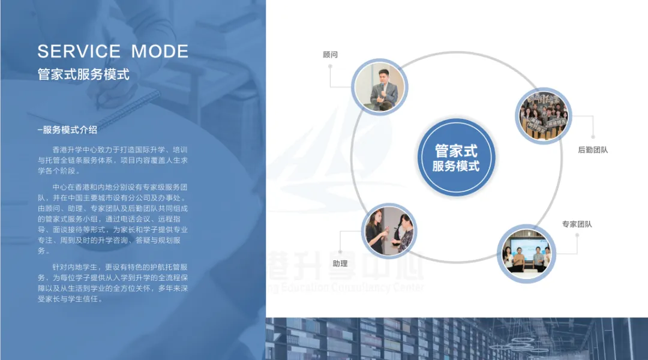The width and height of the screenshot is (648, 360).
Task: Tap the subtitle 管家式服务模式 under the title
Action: tap(83, 75)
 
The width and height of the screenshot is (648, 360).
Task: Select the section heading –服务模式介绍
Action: tap(67, 130)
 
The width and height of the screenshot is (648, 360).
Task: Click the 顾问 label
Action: tap(330, 55)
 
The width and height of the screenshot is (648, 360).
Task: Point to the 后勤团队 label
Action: tap(592, 150)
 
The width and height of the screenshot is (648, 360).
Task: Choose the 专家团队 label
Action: tap(577, 224)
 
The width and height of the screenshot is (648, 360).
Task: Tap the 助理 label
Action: tap(340, 263)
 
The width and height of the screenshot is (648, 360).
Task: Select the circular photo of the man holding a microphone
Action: tap(379, 88)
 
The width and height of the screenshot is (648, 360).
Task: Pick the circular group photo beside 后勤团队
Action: tap(544, 116)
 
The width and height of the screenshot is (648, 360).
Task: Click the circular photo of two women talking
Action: tap(389, 232)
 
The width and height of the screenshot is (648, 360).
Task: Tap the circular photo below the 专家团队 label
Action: tap(526, 253)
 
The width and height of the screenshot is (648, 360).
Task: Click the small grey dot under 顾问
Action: tap(330, 67)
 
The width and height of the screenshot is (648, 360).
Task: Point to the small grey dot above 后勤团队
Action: tap(593, 136)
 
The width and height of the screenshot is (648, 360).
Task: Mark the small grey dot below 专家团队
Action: tap(577, 235)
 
